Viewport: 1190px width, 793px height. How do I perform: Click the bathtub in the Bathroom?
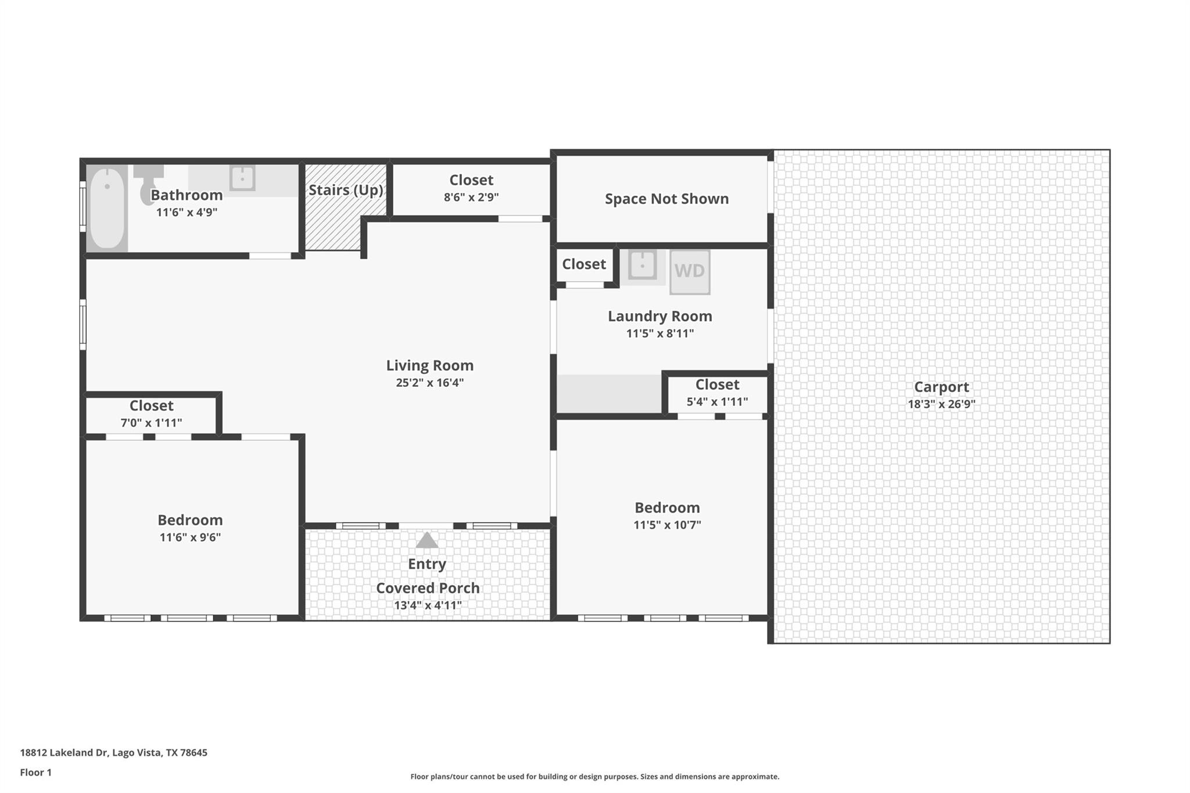click(107, 207)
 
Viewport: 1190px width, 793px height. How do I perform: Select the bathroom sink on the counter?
click(242, 178)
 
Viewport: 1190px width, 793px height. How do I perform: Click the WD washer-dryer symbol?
click(690, 271)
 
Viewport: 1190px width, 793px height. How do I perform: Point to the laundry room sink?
click(642, 265)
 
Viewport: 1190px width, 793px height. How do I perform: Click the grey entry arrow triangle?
click(427, 540)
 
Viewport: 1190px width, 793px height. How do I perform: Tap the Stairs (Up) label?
click(346, 190)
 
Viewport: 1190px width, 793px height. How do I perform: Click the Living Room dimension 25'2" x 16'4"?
click(429, 382)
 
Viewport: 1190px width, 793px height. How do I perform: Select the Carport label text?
click(941, 387)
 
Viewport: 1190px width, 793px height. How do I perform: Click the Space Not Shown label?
click(666, 199)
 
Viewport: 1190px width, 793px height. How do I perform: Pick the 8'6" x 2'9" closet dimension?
click(471, 197)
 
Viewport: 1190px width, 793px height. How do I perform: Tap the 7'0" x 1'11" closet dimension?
click(151, 423)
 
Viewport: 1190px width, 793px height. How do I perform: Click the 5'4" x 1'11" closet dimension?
click(717, 401)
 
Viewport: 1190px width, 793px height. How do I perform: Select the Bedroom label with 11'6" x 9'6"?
click(190, 520)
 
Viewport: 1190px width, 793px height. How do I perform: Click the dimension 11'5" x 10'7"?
click(667, 525)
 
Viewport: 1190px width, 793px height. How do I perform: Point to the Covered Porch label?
click(428, 588)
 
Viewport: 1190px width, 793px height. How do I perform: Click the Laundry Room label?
click(659, 316)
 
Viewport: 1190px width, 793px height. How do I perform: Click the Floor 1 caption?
click(36, 772)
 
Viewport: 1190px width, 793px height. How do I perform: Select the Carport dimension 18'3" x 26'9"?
click(941, 404)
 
